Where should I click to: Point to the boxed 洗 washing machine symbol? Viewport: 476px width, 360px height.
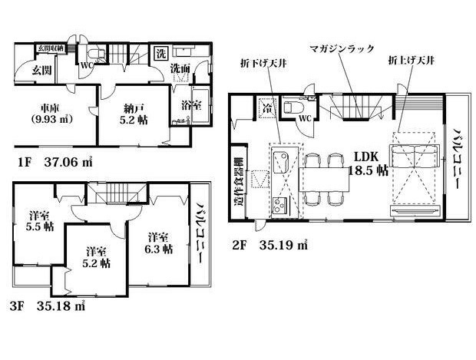[x=161, y=54]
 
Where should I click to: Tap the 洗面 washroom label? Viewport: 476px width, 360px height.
[x=180, y=69]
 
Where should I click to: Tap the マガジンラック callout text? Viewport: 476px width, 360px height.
[x=342, y=48]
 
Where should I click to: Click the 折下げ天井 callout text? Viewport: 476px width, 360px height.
[x=265, y=59]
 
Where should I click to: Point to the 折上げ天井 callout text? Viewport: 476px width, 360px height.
[x=412, y=59]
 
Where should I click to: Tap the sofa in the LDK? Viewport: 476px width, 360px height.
[x=415, y=157]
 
